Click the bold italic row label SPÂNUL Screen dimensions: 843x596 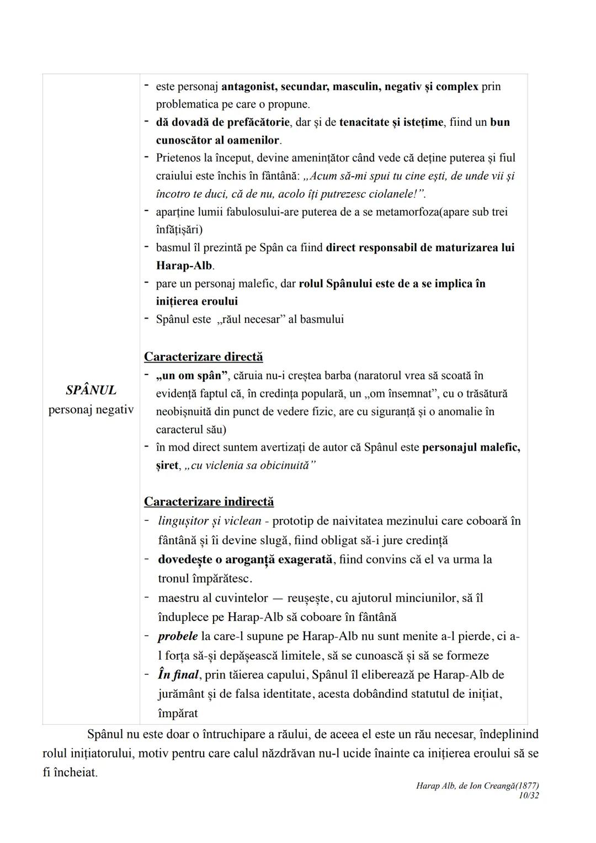point(91,390)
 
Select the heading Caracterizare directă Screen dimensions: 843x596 point(203,357)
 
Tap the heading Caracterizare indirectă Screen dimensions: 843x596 point(209,501)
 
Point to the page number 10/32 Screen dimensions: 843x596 point(529,796)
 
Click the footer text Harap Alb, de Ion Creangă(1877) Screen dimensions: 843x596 point(477,786)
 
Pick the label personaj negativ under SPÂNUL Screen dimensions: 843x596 point(91,410)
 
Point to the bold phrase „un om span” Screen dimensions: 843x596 point(192,376)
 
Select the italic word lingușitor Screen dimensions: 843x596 point(182,521)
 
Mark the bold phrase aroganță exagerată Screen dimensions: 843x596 point(284,559)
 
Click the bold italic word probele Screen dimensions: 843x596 point(178,636)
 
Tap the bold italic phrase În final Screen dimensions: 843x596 point(178,675)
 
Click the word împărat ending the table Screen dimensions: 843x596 point(178,713)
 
